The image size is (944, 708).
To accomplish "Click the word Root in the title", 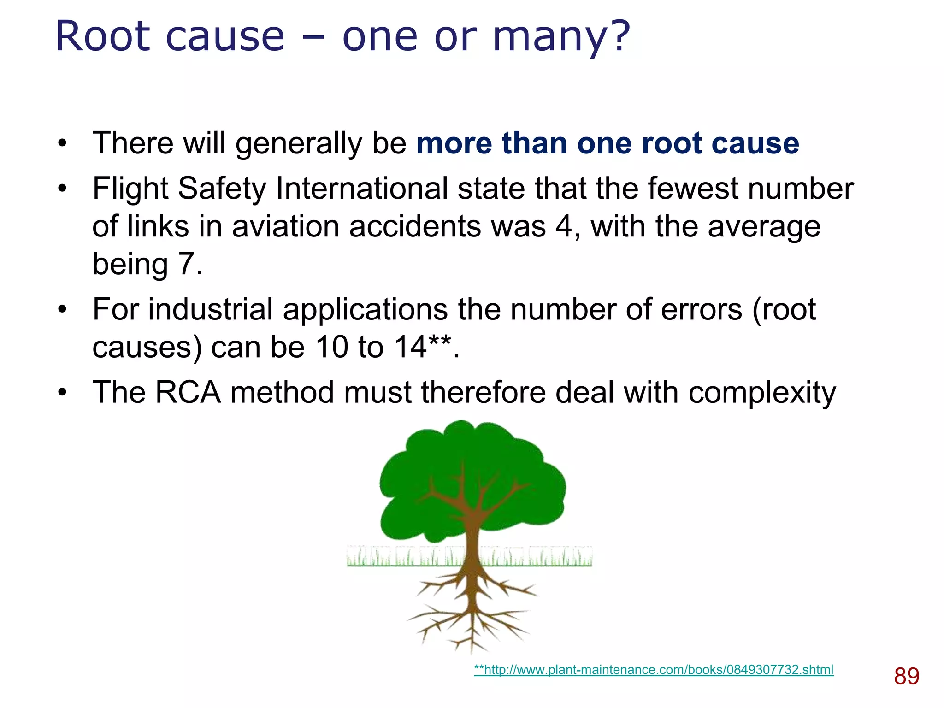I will coord(103,37).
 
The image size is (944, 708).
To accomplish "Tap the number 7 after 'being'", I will coord(187,264).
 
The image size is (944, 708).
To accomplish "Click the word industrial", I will coord(210,309).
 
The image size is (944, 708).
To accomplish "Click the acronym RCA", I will coord(188,392).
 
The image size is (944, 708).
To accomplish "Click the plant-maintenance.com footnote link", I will coord(654,670).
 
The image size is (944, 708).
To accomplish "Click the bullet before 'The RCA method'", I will coord(62,393).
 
